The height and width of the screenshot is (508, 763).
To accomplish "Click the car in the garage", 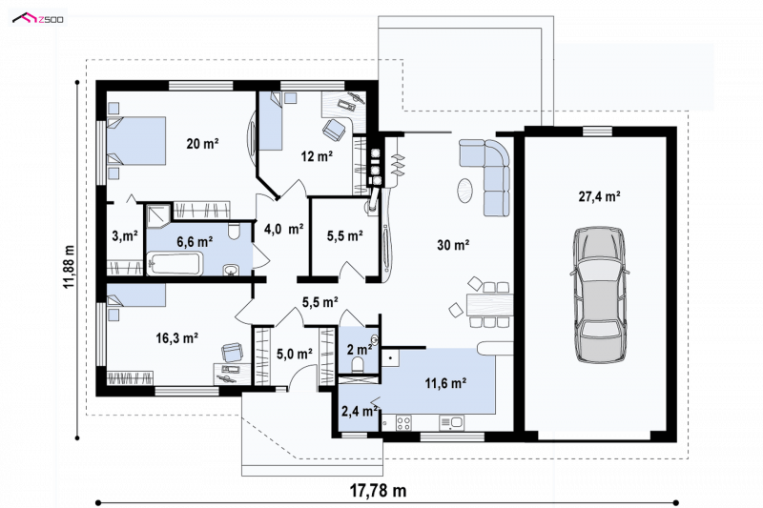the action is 600,295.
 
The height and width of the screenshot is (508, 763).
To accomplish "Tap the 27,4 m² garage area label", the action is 599,196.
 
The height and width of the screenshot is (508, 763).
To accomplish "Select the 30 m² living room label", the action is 453,245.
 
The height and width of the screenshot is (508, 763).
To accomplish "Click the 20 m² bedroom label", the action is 202,143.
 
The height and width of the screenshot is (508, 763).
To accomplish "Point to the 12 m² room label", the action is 317,156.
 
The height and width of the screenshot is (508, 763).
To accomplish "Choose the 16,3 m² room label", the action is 176,337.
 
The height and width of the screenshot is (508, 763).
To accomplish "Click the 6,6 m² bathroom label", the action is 195,241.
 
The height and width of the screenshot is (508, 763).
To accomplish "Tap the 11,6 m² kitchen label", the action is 445,383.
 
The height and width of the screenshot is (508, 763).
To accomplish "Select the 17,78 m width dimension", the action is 378,491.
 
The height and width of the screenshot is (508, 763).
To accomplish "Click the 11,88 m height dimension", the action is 69,267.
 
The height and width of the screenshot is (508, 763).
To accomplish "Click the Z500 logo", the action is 38,19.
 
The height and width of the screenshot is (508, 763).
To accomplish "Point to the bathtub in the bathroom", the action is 175,264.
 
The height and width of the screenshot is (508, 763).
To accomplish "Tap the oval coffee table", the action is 464,191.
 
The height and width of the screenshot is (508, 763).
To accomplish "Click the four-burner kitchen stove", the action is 403,422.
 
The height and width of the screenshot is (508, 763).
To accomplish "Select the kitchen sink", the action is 451,422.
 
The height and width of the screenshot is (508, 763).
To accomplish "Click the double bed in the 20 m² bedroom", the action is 136,141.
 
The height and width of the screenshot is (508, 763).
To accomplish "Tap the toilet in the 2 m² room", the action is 359,364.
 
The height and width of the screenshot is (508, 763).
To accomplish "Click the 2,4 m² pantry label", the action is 360,412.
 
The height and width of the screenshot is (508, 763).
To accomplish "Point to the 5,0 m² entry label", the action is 295,354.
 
